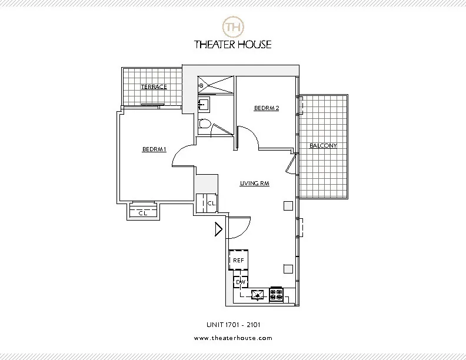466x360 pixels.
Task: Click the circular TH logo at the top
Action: [233, 26]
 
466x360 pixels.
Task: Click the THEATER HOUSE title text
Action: [233, 44]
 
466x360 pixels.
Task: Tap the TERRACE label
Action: [154, 87]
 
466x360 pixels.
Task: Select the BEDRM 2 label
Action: [266, 108]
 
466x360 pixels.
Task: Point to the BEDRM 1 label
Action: [154, 149]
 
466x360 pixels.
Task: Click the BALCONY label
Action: [323, 145]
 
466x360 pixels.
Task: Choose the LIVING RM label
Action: [254, 184]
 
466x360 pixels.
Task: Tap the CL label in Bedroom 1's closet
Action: [142, 213]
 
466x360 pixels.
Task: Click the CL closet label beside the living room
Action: [211, 203]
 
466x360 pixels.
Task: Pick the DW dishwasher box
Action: [240, 283]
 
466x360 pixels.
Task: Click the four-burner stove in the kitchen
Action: [276, 295]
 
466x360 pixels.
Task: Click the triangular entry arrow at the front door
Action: [218, 229]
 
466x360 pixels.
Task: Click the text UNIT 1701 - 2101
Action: [233, 324]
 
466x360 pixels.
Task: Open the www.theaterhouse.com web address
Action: [233, 338]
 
